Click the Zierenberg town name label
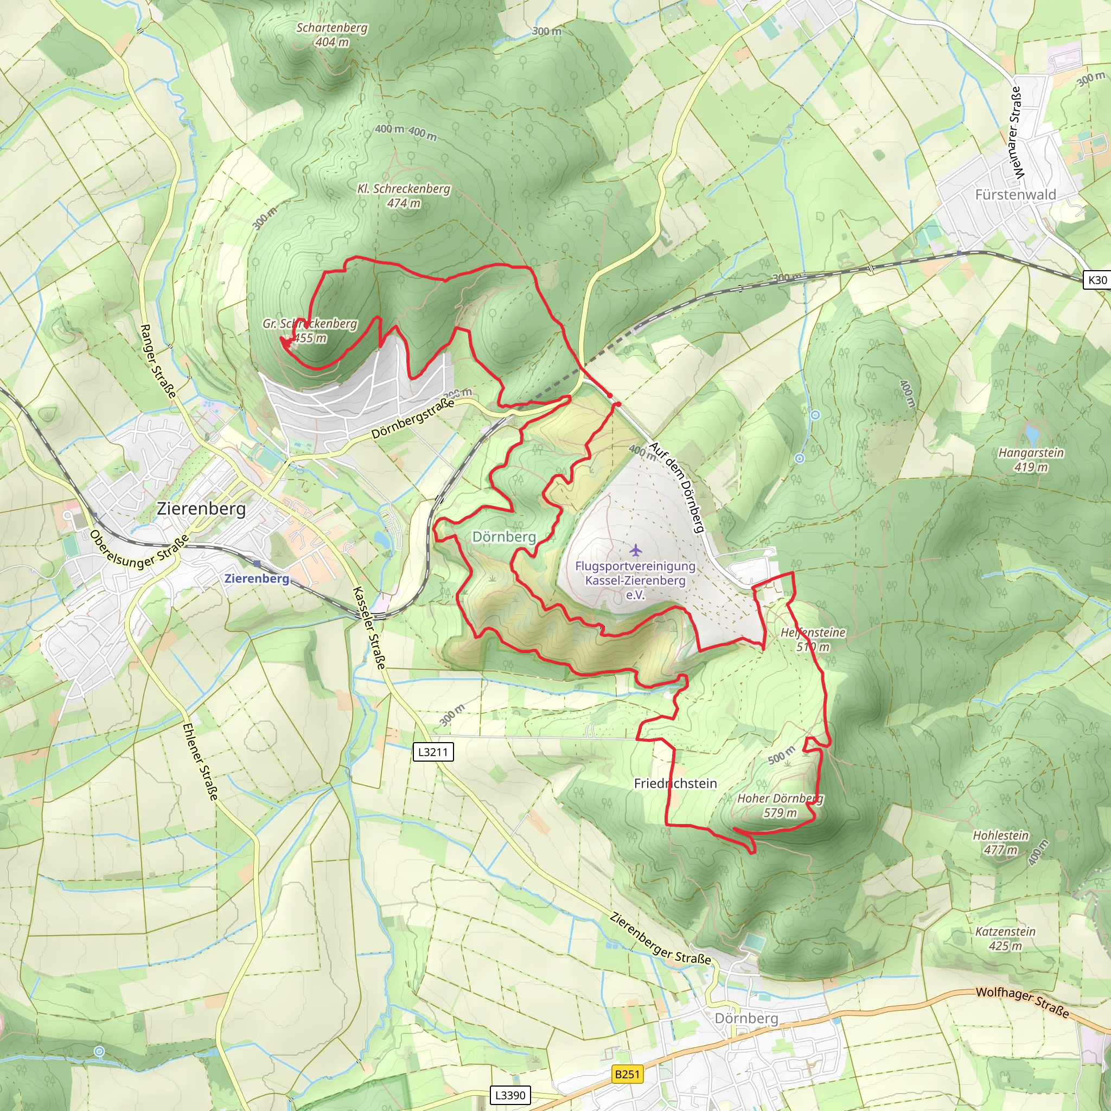click(x=201, y=508)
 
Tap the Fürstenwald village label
click(x=1016, y=194)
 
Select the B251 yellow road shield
click(x=627, y=1074)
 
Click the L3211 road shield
click(x=433, y=751)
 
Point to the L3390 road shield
click(x=510, y=1095)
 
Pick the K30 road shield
click(x=1096, y=280)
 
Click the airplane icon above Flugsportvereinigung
click(x=635, y=550)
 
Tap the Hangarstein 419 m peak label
click(x=1031, y=459)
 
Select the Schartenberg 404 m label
click(x=332, y=35)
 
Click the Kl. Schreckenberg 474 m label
click(x=404, y=195)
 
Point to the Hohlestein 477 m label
click(x=1000, y=842)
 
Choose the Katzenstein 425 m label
click(x=1005, y=938)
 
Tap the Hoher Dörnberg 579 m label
click(x=780, y=805)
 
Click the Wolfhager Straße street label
click(x=1022, y=1003)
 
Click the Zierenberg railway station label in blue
click(x=257, y=578)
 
